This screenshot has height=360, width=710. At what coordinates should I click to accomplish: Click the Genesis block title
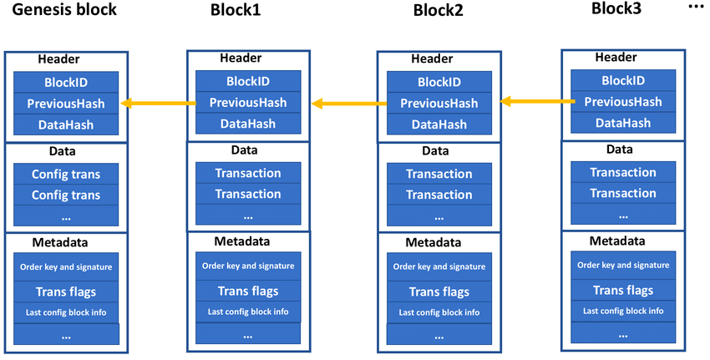pyautogui.click(x=64, y=9)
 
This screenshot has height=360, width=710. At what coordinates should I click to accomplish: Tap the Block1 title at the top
pyautogui.click(x=236, y=10)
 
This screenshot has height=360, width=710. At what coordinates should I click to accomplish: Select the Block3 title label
pyautogui.click(x=616, y=8)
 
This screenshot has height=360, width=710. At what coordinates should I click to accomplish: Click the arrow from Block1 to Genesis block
pyautogui.click(x=159, y=104)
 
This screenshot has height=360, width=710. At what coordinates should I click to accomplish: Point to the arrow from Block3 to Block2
pyautogui.click(x=537, y=102)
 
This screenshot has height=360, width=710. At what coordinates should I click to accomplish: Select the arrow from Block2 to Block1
pyautogui.click(x=349, y=104)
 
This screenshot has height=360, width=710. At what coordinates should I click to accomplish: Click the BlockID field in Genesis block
pyautogui.click(x=66, y=83)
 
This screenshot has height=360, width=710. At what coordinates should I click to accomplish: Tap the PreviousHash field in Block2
pyautogui.click(x=439, y=104)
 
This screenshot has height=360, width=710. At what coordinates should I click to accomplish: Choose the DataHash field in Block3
pyautogui.click(x=623, y=123)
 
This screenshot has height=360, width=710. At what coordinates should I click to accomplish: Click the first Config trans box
pyautogui.click(x=66, y=174)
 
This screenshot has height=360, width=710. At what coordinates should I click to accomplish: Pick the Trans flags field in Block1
pyautogui.click(x=248, y=292)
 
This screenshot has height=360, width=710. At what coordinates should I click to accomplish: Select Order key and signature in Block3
pyautogui.click(x=623, y=266)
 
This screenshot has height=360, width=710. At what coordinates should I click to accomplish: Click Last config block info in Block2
pyautogui.click(x=439, y=312)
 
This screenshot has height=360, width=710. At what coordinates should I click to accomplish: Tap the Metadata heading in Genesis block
pyautogui.click(x=60, y=242)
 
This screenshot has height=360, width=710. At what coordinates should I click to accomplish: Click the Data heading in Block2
pyautogui.click(x=435, y=151)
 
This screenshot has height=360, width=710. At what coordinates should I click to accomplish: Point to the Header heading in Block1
pyautogui.click(x=241, y=58)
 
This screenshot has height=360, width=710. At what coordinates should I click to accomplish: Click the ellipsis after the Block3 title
pyautogui.click(x=696, y=7)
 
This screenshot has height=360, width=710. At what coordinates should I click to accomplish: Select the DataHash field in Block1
pyautogui.click(x=248, y=124)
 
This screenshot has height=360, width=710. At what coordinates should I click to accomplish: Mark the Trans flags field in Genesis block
pyautogui.click(x=66, y=292)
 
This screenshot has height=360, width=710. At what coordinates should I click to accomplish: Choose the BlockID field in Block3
pyautogui.click(x=623, y=81)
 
